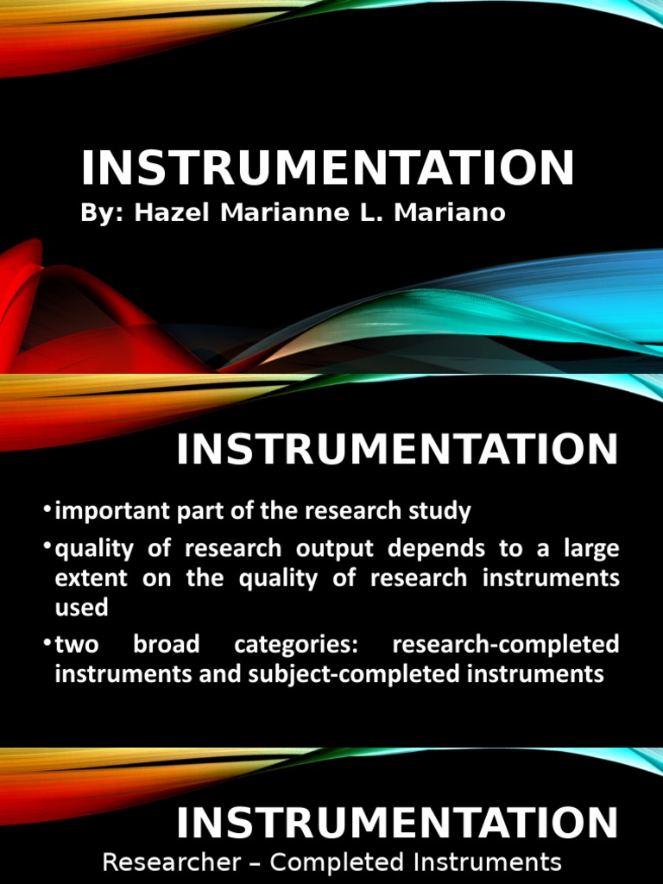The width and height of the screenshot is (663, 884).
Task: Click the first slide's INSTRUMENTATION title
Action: (x=327, y=167)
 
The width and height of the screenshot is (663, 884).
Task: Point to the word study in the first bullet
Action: (x=442, y=511)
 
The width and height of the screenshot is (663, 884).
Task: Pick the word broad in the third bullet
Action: (x=167, y=645)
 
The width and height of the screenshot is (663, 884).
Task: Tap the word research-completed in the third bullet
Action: (x=505, y=645)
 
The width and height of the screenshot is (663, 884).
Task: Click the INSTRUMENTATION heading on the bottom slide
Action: (x=397, y=823)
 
